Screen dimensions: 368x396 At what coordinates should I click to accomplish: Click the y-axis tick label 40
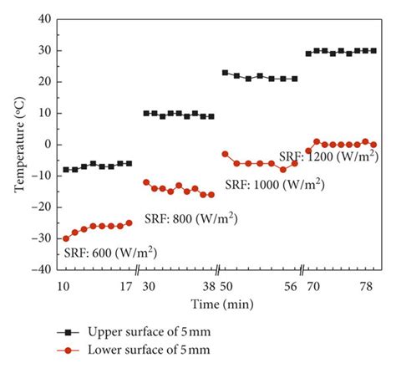pyautogui.click(x=43, y=18)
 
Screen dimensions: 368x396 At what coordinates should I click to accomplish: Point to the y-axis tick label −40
pyautogui.click(x=40, y=269)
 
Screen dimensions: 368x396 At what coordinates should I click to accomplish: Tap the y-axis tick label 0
pyautogui.click(x=47, y=144)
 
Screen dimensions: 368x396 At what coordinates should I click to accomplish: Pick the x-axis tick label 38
pyautogui.click(x=209, y=285)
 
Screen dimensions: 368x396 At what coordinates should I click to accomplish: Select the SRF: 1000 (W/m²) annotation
pyautogui.click(x=276, y=185)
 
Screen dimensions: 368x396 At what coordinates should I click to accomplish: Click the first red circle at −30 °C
pyautogui.click(x=66, y=238)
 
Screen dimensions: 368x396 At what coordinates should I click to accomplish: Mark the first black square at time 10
pyautogui.click(x=66, y=170)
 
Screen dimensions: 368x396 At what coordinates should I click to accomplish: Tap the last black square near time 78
pyautogui.click(x=373, y=50)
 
